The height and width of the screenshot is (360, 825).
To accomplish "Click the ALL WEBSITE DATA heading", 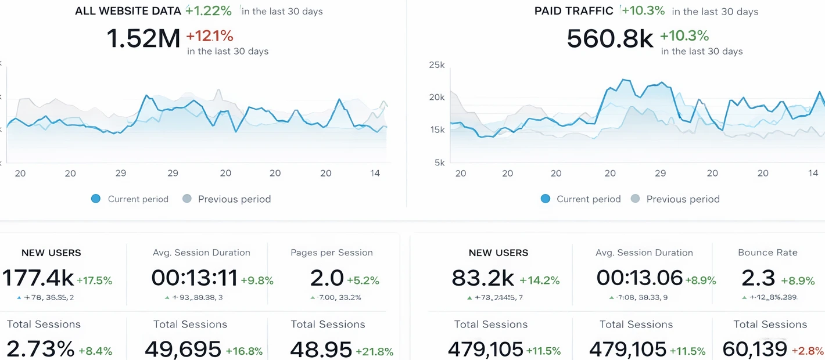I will coord(128,11).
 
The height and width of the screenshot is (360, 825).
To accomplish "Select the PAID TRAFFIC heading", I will coord(573,11).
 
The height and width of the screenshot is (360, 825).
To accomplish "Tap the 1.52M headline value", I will coord(144,39).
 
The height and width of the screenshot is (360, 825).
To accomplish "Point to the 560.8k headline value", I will coord(610,39).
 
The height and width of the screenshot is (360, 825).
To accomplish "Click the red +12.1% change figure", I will coord(209,36).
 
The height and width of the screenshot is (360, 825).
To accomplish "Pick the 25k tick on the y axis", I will coord(436,65).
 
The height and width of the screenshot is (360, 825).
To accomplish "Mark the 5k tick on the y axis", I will coord(439,163).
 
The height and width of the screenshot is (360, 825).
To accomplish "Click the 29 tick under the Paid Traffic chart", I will coord(660,173).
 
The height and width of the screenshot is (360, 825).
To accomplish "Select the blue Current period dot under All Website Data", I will coord(96,199).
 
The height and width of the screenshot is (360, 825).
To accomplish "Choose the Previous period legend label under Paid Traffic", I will coord(683,199).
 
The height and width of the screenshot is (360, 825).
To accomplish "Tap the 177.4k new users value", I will coord(38,278).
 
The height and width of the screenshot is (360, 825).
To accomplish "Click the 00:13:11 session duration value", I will coord(194,278).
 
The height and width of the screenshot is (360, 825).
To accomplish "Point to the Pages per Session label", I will coord(332,253).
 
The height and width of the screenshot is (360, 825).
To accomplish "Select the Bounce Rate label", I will coord(767,253).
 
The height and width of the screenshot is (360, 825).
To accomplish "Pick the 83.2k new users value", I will coord(483,278).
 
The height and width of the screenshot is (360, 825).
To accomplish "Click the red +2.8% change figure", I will coord(808,351).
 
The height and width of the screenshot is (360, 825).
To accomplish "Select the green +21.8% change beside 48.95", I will coord(375,351).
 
